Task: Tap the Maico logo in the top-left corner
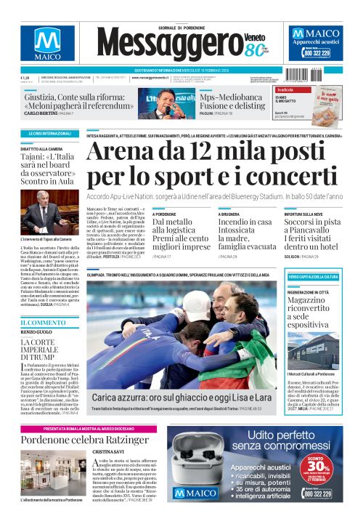pyautogui.click(x=46, y=45)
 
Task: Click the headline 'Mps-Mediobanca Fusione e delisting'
pyautogui.click(x=235, y=100)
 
